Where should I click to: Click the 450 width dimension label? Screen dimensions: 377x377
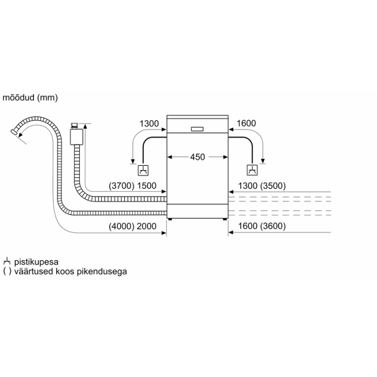click(198, 157)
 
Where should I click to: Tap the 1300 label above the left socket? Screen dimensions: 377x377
click(149, 123)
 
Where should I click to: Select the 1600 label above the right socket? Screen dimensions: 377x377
click(246, 123)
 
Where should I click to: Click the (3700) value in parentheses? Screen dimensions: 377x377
click(121, 186)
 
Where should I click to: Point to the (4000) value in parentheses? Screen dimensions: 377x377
click(121, 226)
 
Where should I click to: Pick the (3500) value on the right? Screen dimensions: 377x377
click(273, 186)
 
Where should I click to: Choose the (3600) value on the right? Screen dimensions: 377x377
click(273, 226)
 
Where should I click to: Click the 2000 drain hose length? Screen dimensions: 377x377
click(146, 226)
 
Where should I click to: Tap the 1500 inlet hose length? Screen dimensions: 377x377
click(146, 186)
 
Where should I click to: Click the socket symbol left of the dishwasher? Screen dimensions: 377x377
click(143, 170)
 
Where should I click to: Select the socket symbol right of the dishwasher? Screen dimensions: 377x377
click(252, 170)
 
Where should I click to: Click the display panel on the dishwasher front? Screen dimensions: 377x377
click(197, 129)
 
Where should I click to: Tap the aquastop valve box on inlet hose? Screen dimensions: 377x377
click(76, 137)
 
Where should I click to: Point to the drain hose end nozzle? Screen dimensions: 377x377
click(13, 132)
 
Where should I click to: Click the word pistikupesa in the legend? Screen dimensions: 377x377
click(36, 262)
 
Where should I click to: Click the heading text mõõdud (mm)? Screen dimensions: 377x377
click(30, 97)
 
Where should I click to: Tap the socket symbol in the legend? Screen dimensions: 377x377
click(7, 261)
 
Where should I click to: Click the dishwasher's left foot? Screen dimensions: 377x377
click(170, 219)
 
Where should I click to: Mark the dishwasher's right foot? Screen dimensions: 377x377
click(225, 219)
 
